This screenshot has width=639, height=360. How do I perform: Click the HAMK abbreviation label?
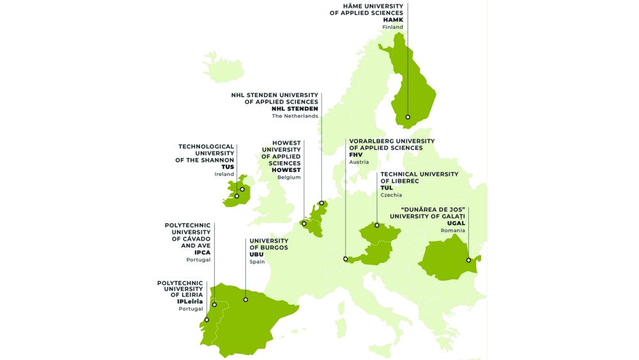pos(393,20)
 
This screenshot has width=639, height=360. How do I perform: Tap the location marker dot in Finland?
pos(408,117)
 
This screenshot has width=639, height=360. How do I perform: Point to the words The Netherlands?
pos(295,116)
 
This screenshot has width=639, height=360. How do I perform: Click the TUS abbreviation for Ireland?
pos(227,167)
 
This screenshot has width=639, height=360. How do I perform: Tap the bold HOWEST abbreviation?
pos(286,170)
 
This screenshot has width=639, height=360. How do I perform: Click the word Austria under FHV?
pos(358,162)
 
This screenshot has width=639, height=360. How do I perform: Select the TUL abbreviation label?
pos(387,188)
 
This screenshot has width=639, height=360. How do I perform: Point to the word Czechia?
pos(391,195)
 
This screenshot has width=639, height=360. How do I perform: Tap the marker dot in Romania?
pos(468,260)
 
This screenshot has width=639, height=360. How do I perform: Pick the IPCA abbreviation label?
pos(202,253)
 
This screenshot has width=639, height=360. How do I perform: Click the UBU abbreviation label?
pos(256,254)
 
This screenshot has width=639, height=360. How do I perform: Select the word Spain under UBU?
pos(257,262)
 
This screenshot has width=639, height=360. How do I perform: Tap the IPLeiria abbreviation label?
pos(190,301)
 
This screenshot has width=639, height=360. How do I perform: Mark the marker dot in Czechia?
pos(377,225)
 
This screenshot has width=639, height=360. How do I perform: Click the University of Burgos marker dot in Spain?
pos(245,299)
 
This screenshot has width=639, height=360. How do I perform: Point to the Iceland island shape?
pos(222,67)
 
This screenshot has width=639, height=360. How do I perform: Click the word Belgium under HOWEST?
pos(289,178)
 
